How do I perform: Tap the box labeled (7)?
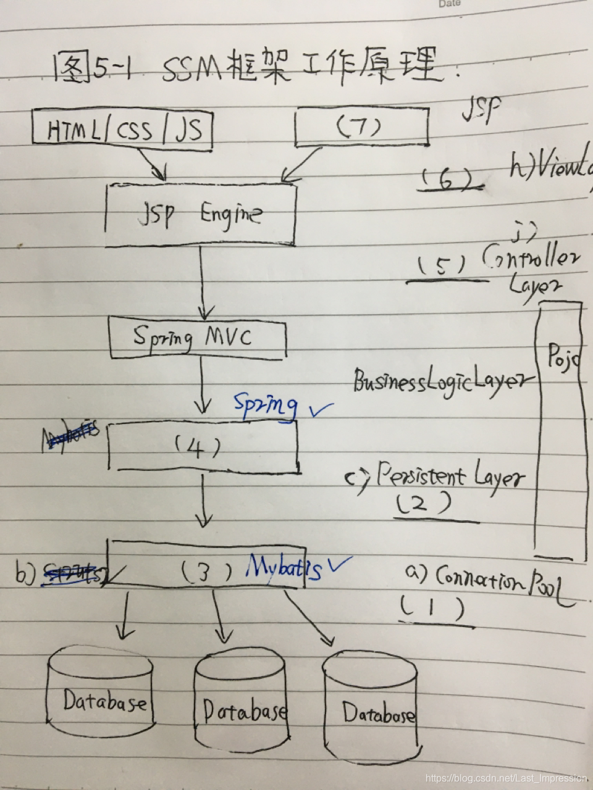(362, 128)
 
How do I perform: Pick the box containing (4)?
(203, 447)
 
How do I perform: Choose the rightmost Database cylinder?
(371, 710)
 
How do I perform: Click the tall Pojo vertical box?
(560, 432)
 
